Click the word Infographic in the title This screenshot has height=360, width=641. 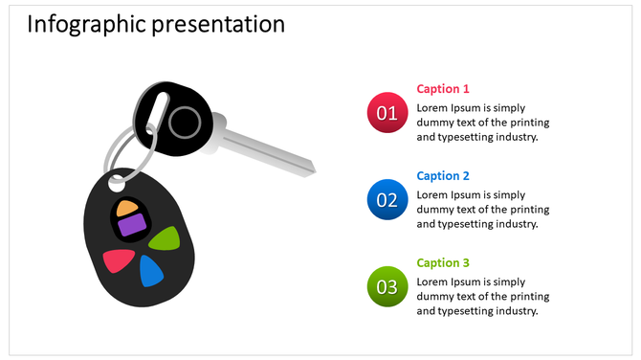(x=86, y=24)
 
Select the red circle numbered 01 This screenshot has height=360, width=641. (x=387, y=113)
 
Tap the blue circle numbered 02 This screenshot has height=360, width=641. (x=387, y=199)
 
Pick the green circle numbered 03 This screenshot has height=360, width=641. (x=387, y=286)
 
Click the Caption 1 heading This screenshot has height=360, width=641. (x=443, y=89)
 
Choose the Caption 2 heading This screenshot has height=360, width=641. (x=443, y=176)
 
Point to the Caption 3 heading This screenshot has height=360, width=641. (x=443, y=263)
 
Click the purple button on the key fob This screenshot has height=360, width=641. (x=131, y=226)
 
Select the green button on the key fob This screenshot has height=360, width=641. (x=165, y=237)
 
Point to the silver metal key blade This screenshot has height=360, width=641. (x=268, y=147)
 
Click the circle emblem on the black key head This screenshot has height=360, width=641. (x=186, y=123)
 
